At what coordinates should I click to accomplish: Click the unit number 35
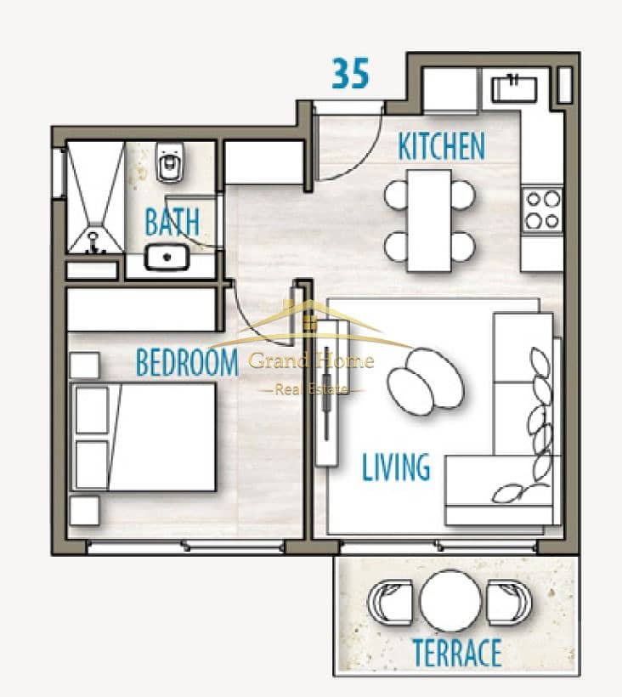point(351,73)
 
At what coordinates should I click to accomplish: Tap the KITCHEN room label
point(441,146)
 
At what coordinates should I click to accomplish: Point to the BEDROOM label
point(187,362)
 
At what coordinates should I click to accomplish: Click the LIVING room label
point(396,467)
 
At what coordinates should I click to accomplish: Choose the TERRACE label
point(457,652)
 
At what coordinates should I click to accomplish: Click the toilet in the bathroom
point(170,161)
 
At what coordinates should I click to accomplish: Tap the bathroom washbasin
point(167,257)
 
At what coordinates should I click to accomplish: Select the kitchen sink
point(514,88)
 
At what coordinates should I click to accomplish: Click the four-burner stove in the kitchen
point(542,209)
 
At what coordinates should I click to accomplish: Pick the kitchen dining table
point(430,220)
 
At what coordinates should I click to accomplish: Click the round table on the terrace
point(450,601)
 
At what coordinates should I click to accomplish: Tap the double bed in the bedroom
point(143,437)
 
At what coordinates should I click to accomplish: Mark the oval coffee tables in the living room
point(425,382)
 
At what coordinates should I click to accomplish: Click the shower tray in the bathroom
point(95,197)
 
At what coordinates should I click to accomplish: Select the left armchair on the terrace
point(390,601)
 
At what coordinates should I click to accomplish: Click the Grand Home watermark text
point(311,360)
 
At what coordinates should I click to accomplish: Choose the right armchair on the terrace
point(509,601)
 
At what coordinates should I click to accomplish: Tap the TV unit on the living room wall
point(327,393)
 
